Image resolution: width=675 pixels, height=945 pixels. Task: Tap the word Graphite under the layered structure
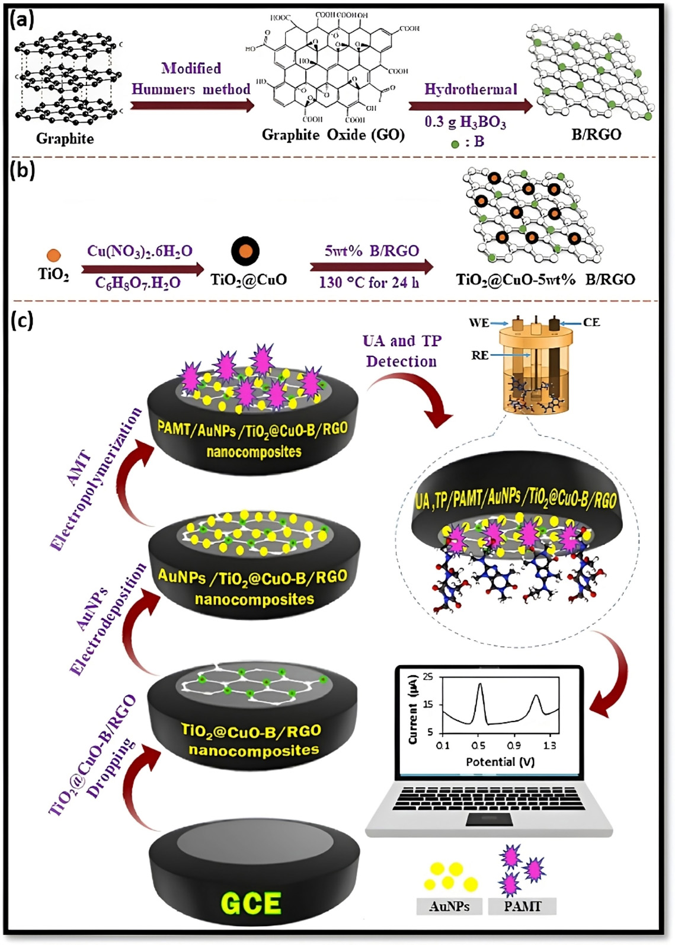pyautogui.click(x=65, y=139)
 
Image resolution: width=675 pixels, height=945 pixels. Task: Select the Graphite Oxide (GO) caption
pyautogui.click(x=333, y=135)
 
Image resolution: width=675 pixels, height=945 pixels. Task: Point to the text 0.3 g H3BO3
pyautogui.click(x=465, y=122)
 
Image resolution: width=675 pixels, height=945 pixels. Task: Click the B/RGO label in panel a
pyautogui.click(x=596, y=135)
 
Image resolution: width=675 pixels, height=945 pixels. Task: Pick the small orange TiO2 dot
pyautogui.click(x=53, y=256)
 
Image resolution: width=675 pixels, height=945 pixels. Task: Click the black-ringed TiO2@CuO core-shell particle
pyautogui.click(x=245, y=251)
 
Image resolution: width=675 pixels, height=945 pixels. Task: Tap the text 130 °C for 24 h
pyautogui.click(x=369, y=283)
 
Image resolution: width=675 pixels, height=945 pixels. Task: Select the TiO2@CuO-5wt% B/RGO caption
pyautogui.click(x=545, y=279)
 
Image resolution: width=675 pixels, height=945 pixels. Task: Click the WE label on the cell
pyautogui.click(x=479, y=323)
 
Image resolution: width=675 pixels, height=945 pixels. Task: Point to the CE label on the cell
pyautogui.click(x=591, y=323)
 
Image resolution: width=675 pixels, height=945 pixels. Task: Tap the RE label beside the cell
pyautogui.click(x=480, y=355)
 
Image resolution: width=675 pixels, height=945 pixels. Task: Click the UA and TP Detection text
pyautogui.click(x=402, y=351)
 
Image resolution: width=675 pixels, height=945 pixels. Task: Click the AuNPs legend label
pyautogui.click(x=449, y=906)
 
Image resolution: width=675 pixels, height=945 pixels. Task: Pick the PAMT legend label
pyautogui.click(x=522, y=906)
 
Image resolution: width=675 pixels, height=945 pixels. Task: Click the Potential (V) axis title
pyautogui.click(x=500, y=762)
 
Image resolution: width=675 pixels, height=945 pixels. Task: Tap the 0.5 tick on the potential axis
pyautogui.click(x=478, y=746)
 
